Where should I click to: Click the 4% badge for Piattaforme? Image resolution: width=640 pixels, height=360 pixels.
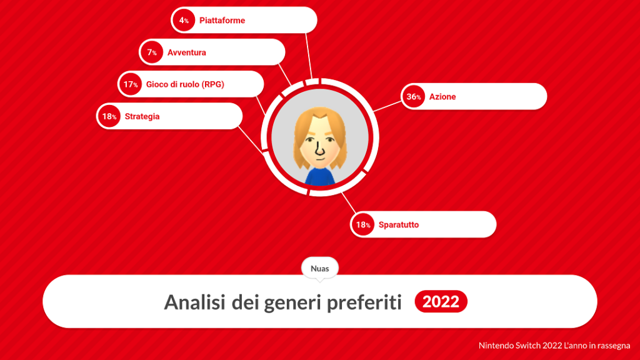184,20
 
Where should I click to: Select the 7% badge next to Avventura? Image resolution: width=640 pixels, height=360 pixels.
152,52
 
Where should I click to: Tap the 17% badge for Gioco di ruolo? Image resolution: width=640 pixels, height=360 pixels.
131,84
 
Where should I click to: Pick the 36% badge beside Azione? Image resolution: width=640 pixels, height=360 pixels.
414,96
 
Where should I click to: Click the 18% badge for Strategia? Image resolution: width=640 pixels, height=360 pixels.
109,116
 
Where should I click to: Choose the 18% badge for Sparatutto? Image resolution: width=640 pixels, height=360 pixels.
363,224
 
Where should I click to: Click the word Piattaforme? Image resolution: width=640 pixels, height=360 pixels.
222,21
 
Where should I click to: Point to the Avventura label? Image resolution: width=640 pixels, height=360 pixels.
186,52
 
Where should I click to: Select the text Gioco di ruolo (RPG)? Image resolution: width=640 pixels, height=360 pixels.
185,84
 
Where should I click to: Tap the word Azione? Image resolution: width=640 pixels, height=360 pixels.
442,97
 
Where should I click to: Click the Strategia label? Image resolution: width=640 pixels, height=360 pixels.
142,117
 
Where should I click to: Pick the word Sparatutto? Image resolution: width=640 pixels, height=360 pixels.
399,225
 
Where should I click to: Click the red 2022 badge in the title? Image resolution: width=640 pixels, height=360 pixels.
441,302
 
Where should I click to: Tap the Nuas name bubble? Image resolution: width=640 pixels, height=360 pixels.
320,269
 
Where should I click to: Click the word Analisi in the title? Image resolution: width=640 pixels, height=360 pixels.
195,302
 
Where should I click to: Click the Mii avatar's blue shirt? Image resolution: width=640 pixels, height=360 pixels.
320,176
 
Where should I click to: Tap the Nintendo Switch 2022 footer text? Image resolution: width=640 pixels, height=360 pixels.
554,346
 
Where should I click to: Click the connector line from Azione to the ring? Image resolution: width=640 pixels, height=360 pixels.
387,106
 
